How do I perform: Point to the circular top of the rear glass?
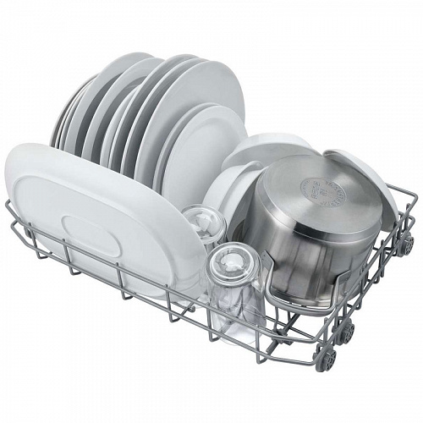pos(202,222)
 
